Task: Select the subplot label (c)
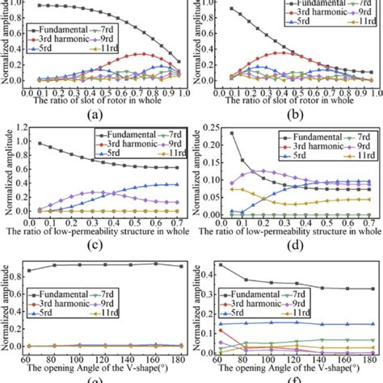click(x=99, y=243)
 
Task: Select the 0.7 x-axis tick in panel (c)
click(x=175, y=220)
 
